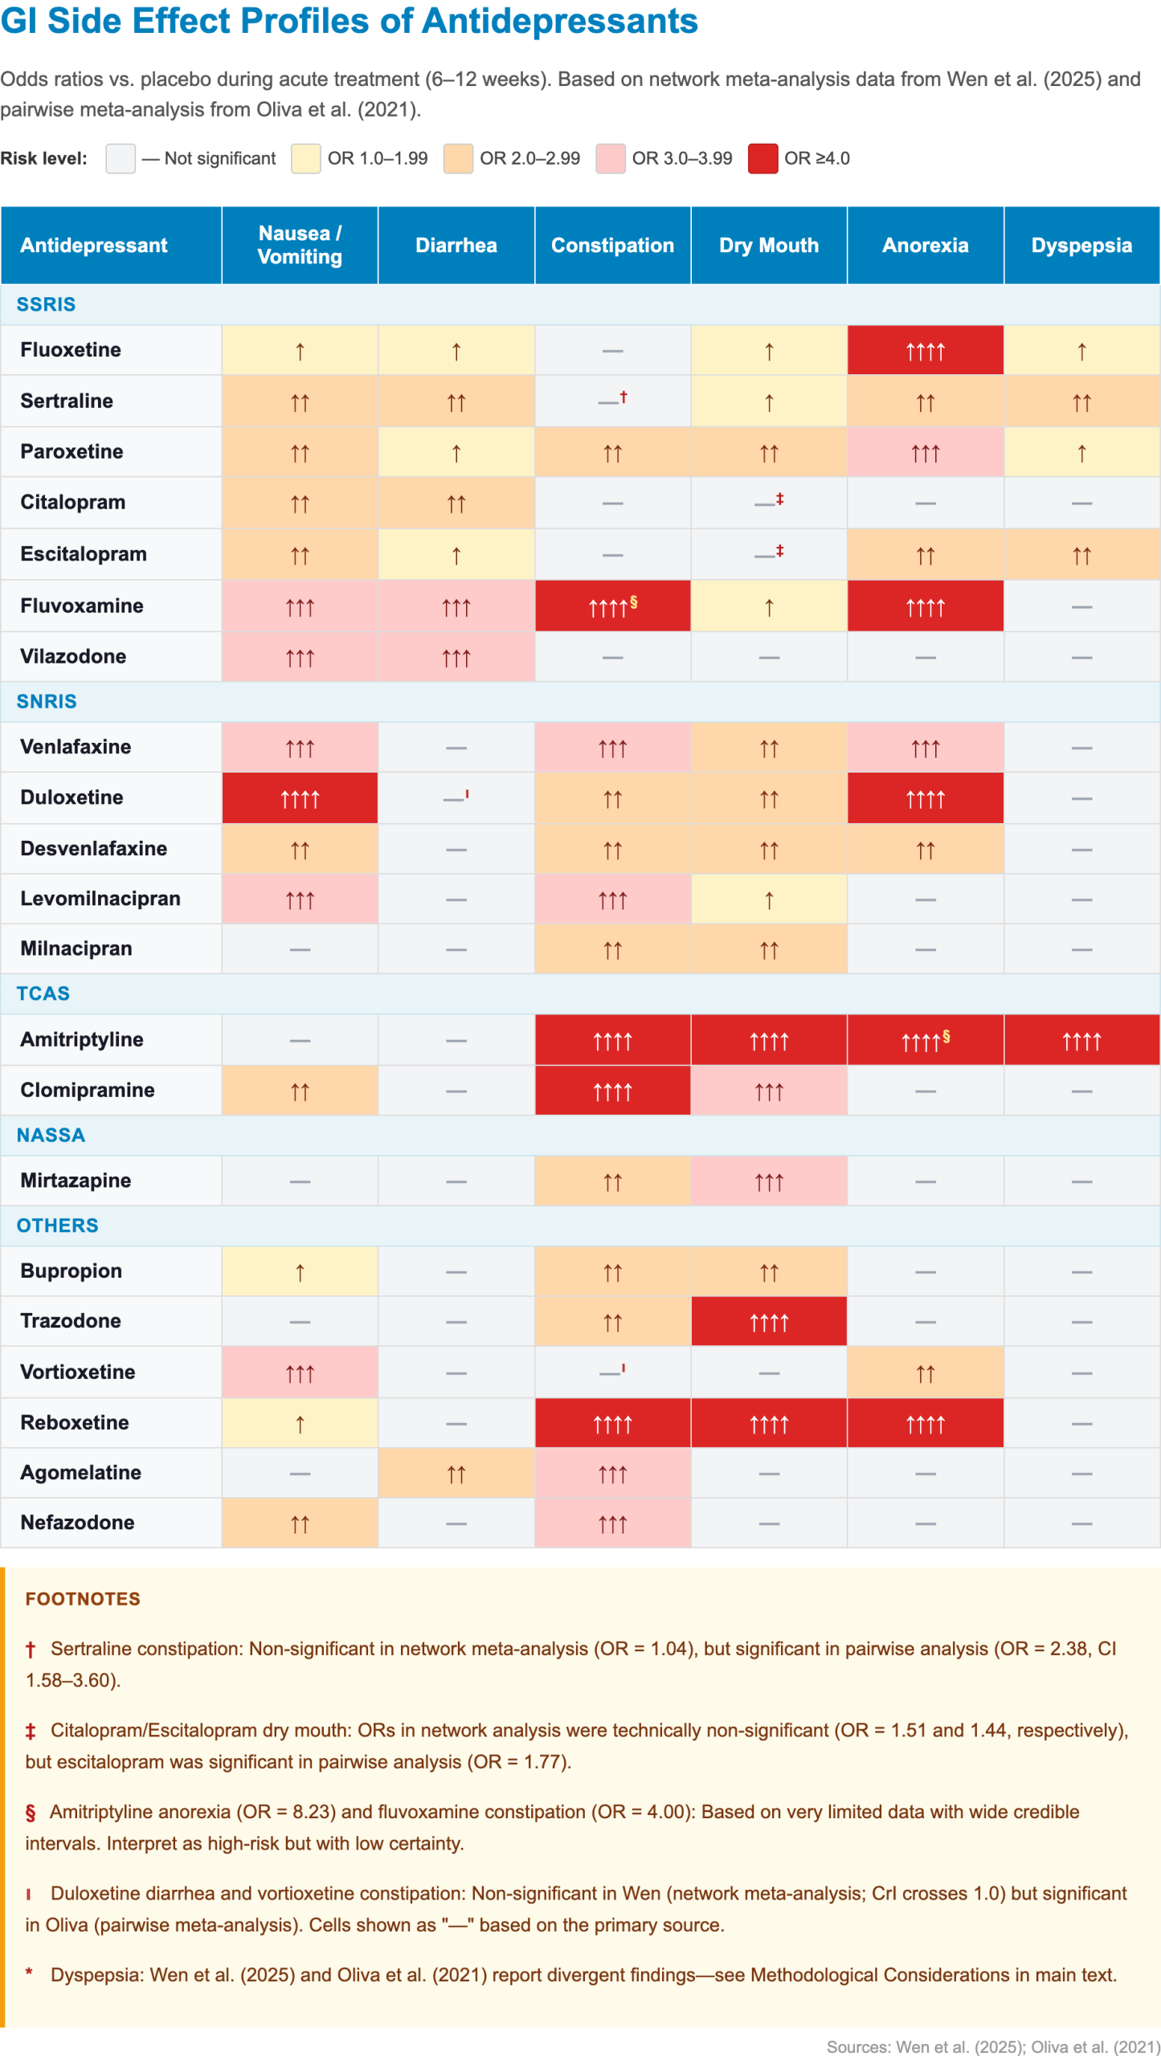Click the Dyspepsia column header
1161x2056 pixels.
1081,245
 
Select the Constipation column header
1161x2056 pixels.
612,245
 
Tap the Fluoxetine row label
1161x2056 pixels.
71,349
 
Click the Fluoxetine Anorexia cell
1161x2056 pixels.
925,350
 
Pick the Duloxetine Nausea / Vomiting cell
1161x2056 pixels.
300,798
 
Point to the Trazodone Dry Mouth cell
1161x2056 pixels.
769,1320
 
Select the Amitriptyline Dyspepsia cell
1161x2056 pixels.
1081,1040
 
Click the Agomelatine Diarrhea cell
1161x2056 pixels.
456,1472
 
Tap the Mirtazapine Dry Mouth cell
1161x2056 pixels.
769,1181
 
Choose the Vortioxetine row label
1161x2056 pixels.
78,1371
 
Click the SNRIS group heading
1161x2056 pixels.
47,701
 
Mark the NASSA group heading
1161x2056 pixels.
51,1135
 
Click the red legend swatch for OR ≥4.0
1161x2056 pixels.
762,158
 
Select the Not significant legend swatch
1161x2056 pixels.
121,158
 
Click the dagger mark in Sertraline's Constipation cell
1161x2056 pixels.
623,396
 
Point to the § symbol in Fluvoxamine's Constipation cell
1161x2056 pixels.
634,601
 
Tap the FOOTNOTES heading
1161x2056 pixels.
83,1598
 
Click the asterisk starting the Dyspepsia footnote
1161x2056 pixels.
30,1972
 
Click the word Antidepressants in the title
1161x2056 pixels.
559,21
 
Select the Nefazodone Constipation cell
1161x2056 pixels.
612,1523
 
